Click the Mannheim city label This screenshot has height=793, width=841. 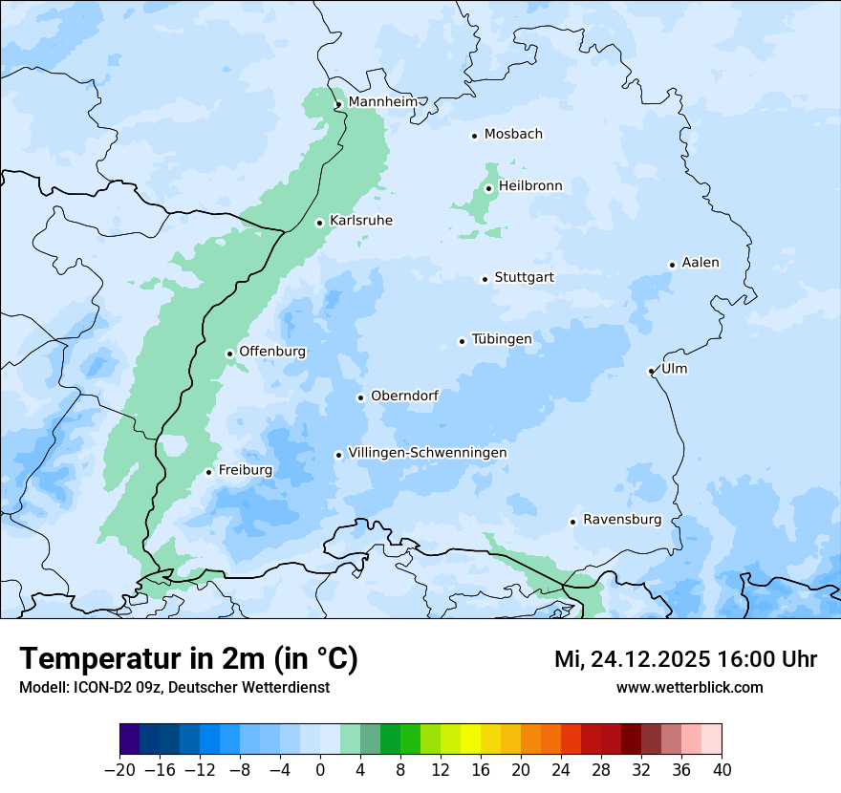pos(383,102)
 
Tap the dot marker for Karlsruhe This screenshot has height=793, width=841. pos(320,223)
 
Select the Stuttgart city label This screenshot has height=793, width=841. pos(524,278)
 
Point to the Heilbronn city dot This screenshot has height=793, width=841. pos(489,188)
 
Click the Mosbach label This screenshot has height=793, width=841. pos(513,135)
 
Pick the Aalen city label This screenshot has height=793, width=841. pos(701,263)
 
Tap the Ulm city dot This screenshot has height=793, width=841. pos(651,371)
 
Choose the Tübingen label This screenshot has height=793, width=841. pos(501,339)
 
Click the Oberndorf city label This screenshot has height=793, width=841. pos(404,396)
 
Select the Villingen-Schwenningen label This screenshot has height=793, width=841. pos(427,453)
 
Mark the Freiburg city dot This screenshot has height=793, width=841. pos(208,472)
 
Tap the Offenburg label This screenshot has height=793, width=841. pos(272,352)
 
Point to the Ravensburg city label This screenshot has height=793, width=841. pos(622,520)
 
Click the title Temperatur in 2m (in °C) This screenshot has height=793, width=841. pos(188,658)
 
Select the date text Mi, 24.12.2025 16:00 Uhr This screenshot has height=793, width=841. pos(685,659)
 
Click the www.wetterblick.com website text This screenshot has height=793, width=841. pos(689,687)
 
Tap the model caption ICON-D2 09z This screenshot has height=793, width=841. pos(174,687)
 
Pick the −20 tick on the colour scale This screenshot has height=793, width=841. pos(119,769)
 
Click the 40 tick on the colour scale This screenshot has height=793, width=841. pos(722,769)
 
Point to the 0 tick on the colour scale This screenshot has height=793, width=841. pos(320,769)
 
